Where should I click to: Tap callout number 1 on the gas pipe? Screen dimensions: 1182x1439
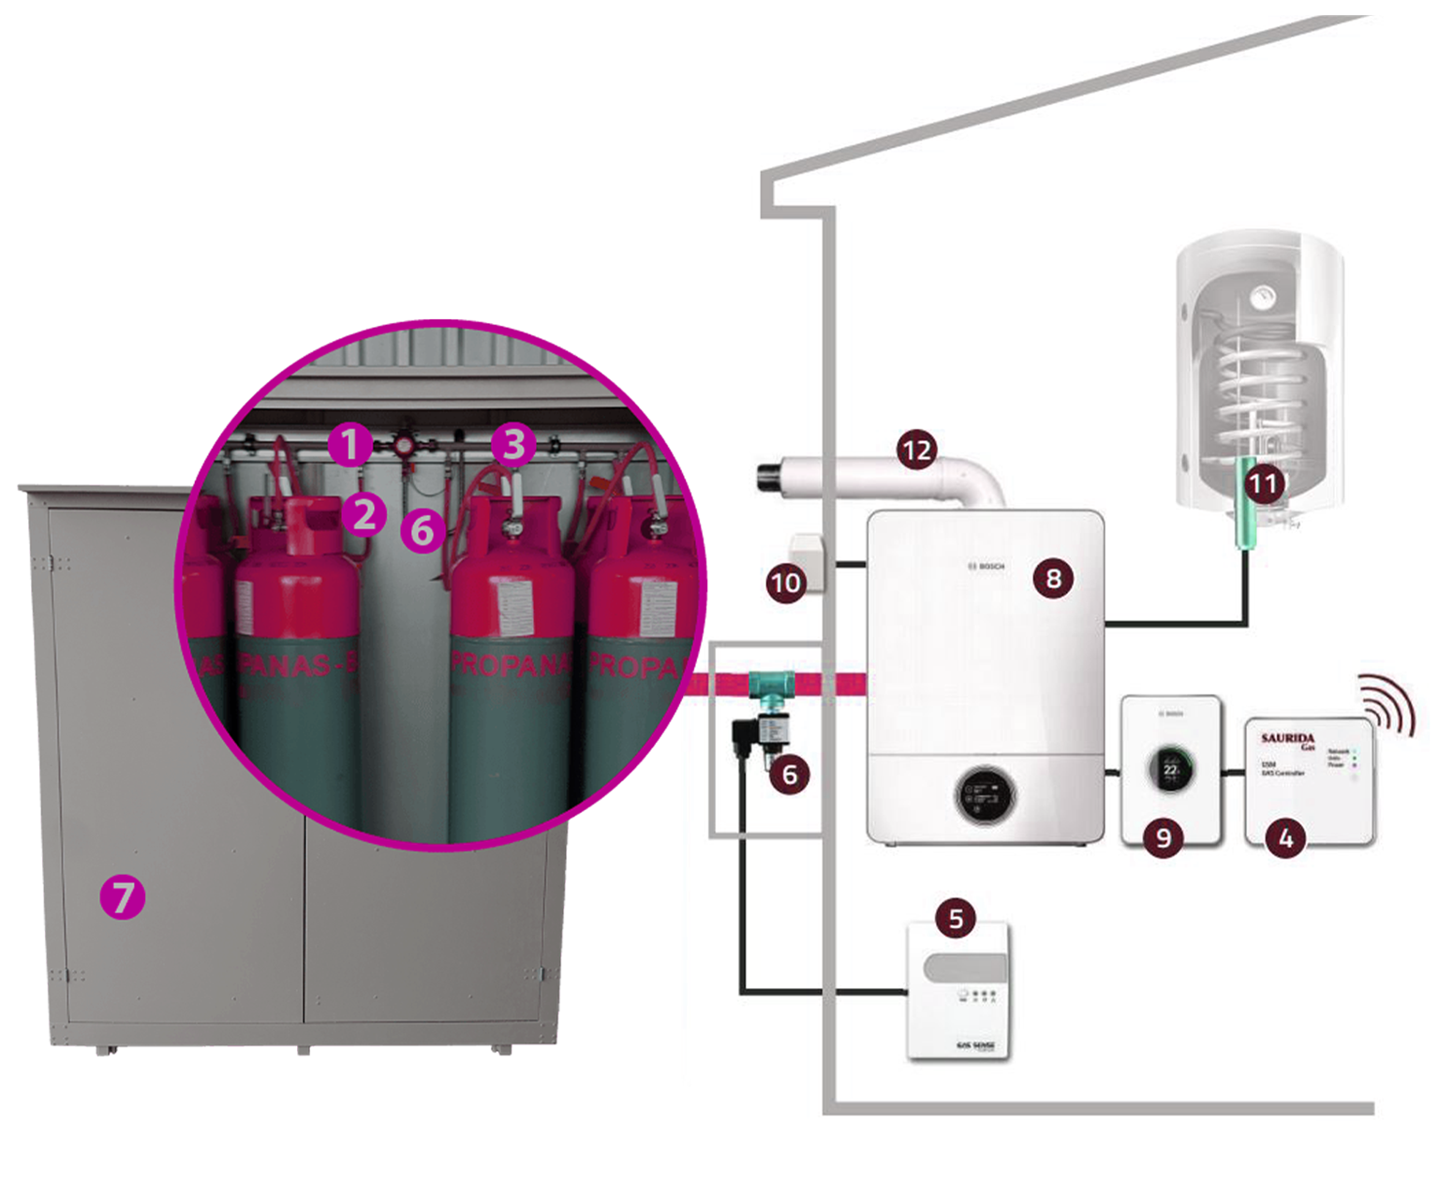tap(349, 444)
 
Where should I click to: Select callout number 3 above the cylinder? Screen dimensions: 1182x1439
tap(513, 444)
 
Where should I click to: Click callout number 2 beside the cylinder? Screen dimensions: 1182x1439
tap(363, 514)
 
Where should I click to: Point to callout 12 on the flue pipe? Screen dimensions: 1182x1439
tap(916, 451)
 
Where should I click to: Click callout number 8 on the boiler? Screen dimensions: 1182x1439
tap(1053, 578)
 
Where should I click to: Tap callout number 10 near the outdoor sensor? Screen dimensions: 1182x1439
tap(785, 584)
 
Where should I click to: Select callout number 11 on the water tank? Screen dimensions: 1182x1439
tap(1263, 483)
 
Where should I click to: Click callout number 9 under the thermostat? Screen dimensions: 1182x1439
tap(1164, 836)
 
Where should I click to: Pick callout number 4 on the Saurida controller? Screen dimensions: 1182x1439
tap(1285, 836)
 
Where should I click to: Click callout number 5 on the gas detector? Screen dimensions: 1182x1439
tap(956, 918)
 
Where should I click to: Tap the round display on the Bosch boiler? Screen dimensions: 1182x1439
tap(984, 796)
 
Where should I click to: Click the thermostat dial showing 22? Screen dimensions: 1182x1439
tap(1171, 769)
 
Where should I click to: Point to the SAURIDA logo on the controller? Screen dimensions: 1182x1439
tap(1288, 740)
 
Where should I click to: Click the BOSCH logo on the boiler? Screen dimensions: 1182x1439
tap(986, 567)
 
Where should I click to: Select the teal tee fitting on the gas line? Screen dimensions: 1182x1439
tap(772, 685)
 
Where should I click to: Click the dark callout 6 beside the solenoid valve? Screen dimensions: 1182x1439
tap(789, 775)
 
